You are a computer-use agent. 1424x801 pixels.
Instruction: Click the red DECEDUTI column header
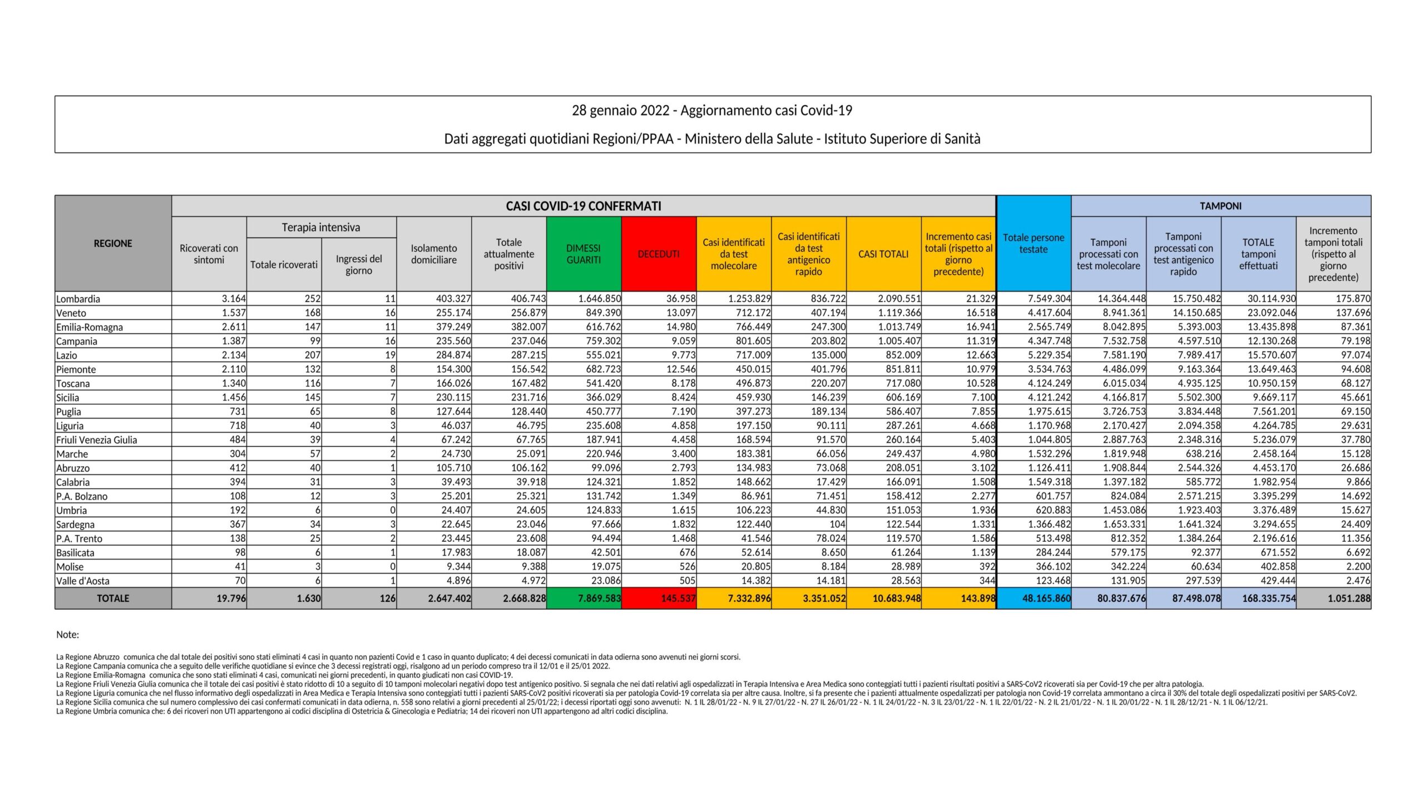[659, 254]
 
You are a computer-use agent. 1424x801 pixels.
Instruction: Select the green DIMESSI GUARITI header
[584, 254]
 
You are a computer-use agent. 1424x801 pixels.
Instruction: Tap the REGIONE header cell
[113, 243]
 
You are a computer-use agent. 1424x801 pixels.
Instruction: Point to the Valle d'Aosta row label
[83, 581]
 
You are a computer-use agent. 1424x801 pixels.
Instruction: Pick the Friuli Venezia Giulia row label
[97, 440]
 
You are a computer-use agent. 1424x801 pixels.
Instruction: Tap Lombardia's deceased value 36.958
[677, 299]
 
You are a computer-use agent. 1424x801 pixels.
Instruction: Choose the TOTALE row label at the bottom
[113, 599]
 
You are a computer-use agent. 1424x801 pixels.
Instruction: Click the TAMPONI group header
[1220, 206]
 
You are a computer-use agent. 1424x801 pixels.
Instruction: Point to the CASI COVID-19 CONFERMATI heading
[584, 206]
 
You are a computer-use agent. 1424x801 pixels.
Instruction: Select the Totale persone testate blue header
[1034, 243]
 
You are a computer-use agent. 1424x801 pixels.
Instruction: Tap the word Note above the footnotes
[68, 635]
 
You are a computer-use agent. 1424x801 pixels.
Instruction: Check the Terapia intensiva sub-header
[321, 227]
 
